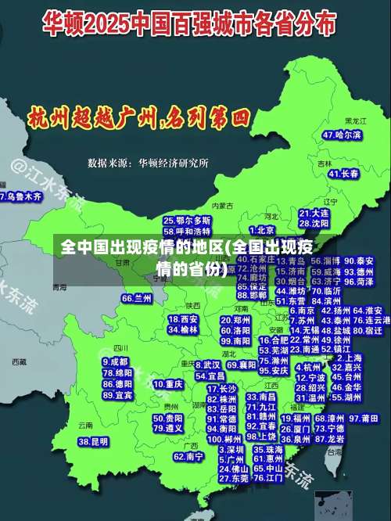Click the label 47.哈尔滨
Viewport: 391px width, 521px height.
(x=343, y=135)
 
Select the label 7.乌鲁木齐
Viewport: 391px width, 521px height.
(x=20, y=196)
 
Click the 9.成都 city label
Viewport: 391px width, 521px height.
(x=116, y=362)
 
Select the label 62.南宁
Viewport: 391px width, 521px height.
(x=188, y=456)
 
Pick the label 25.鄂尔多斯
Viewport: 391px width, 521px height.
(x=187, y=221)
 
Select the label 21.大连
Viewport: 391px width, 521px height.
(x=314, y=213)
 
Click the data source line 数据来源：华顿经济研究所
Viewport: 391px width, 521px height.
(x=148, y=163)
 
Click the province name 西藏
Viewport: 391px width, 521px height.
(x=20, y=362)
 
